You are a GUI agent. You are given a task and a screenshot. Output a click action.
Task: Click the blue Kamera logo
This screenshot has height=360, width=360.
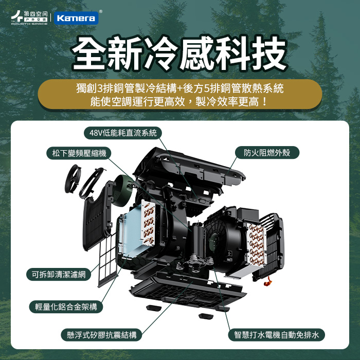(76, 18)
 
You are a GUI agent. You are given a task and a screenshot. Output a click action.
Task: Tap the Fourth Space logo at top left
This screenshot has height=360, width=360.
(29, 17)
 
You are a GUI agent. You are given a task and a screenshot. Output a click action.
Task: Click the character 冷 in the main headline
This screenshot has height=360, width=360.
(160, 53)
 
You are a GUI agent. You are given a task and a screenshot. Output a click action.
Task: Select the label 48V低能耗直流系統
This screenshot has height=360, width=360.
(123, 133)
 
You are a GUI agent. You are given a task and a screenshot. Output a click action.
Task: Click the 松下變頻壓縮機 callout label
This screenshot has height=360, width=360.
(79, 153)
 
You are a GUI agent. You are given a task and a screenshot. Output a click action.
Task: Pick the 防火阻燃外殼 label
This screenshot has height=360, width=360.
(267, 152)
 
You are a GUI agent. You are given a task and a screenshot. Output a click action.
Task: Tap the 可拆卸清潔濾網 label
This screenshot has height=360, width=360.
(59, 274)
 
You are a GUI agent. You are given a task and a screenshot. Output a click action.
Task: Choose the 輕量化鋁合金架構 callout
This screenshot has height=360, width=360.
(66, 307)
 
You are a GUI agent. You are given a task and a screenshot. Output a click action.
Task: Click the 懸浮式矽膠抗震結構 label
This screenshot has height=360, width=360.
(101, 335)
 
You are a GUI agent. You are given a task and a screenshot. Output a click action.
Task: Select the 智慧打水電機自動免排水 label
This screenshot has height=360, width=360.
(277, 335)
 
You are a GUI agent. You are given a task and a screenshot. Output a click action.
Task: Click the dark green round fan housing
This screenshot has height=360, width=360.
(123, 191)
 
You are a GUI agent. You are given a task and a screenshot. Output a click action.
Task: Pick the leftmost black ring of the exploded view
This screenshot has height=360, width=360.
(73, 178)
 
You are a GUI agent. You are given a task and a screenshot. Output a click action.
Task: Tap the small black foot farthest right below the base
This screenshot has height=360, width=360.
(206, 316)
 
